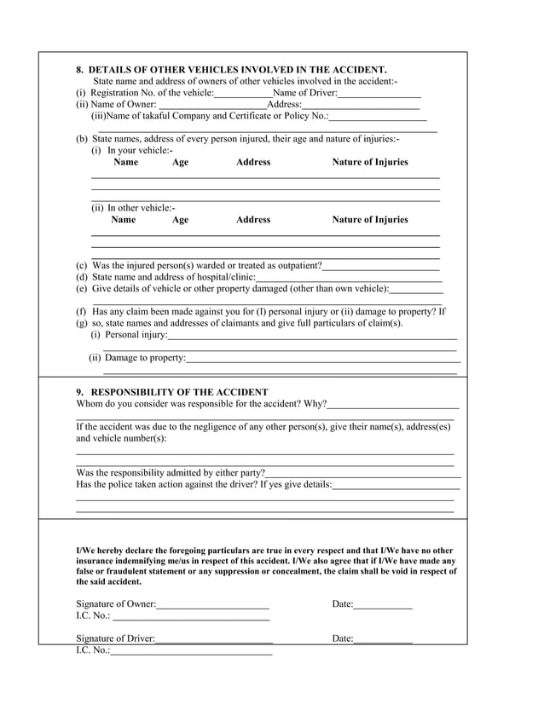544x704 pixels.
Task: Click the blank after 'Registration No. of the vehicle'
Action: pos(243,93)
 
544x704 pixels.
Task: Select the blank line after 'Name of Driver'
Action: pos(379,93)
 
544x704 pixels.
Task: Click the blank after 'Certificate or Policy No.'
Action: pos(377,117)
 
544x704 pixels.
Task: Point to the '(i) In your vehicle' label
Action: pos(131,150)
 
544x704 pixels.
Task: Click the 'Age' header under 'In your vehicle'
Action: pos(180,162)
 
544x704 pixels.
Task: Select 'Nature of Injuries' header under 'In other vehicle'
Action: pos(369,220)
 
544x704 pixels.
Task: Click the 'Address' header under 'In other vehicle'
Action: pos(253,220)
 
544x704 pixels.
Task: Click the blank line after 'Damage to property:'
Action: pos(322,359)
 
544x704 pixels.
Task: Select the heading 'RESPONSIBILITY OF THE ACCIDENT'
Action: pos(179,392)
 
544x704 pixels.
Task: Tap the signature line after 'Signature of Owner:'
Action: pos(212,605)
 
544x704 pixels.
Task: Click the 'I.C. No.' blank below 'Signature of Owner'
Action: pos(191,617)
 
